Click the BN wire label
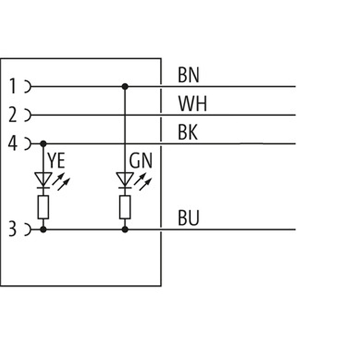point(189,75)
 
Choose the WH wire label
point(192,104)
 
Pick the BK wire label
point(188,133)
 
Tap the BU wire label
point(188,219)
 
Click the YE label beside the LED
point(56,161)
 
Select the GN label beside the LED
point(141,161)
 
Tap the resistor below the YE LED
point(43,207)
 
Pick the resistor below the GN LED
point(125,207)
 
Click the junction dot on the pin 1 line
point(125,86)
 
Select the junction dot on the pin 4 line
point(43,144)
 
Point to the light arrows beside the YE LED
point(62,181)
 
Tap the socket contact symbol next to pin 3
point(27,229)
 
